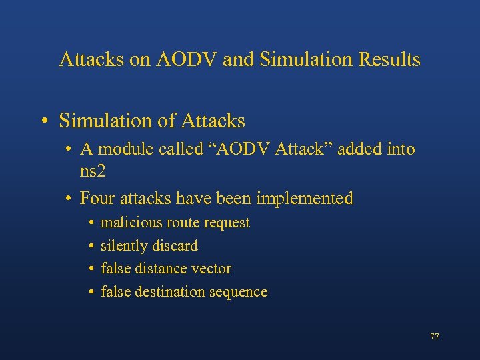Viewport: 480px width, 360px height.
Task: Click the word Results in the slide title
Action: click(386, 60)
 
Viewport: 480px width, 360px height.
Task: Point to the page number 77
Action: click(435, 337)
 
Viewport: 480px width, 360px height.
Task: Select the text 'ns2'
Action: click(93, 171)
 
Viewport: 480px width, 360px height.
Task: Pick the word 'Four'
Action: click(96, 199)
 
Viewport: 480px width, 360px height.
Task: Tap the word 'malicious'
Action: click(128, 223)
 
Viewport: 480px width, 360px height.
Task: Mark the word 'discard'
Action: click(175, 246)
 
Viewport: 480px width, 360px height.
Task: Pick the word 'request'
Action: click(228, 223)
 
